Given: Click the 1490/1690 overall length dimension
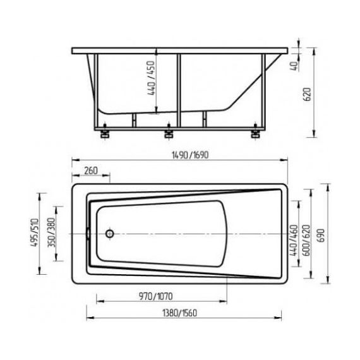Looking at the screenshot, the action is click(x=190, y=155).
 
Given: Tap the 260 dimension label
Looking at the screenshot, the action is click(x=91, y=171).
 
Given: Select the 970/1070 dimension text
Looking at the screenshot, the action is click(x=155, y=296).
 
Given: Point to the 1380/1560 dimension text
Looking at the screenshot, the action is click(x=179, y=313).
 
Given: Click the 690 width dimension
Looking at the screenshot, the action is click(x=321, y=236).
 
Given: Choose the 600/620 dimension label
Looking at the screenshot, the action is click(x=306, y=241).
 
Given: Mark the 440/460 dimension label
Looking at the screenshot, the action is click(x=294, y=241).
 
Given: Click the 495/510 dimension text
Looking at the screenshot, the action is click(x=35, y=232).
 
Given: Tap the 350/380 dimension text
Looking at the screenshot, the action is click(x=51, y=232).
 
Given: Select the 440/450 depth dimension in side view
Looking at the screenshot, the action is click(x=151, y=78).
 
